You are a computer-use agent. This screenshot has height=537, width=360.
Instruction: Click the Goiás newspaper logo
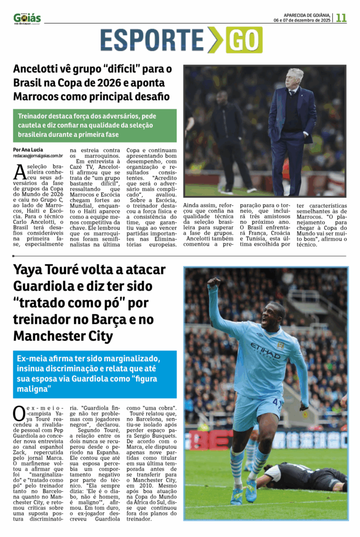point(27,18)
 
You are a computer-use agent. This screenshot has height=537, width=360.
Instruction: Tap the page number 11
point(341,18)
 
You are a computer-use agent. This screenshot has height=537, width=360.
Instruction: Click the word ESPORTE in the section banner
point(151,40)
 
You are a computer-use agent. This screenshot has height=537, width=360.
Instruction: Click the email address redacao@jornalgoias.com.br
point(38,156)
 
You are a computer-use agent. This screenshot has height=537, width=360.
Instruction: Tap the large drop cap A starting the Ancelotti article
point(19,171)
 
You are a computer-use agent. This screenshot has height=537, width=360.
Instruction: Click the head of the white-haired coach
point(295,79)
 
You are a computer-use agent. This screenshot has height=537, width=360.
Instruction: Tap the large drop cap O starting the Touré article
point(19,412)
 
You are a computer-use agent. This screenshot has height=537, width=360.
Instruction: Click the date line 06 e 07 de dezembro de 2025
point(302,20)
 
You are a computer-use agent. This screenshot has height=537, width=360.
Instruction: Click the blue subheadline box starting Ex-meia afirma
point(95,374)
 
